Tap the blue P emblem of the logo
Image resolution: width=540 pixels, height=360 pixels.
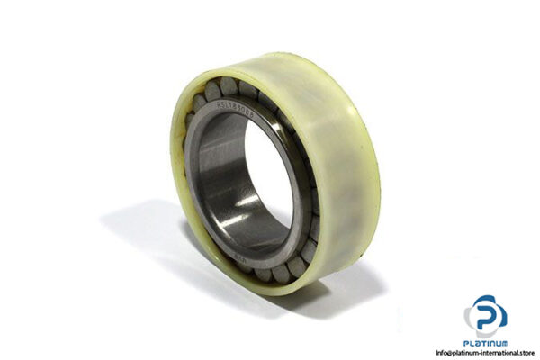tap(486, 314)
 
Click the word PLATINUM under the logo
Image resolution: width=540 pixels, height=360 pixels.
tap(486, 343)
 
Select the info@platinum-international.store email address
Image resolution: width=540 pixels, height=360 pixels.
tap(485, 352)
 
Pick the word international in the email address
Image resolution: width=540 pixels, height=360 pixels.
tap(494, 352)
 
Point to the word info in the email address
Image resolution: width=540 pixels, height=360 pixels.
tap(440, 352)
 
